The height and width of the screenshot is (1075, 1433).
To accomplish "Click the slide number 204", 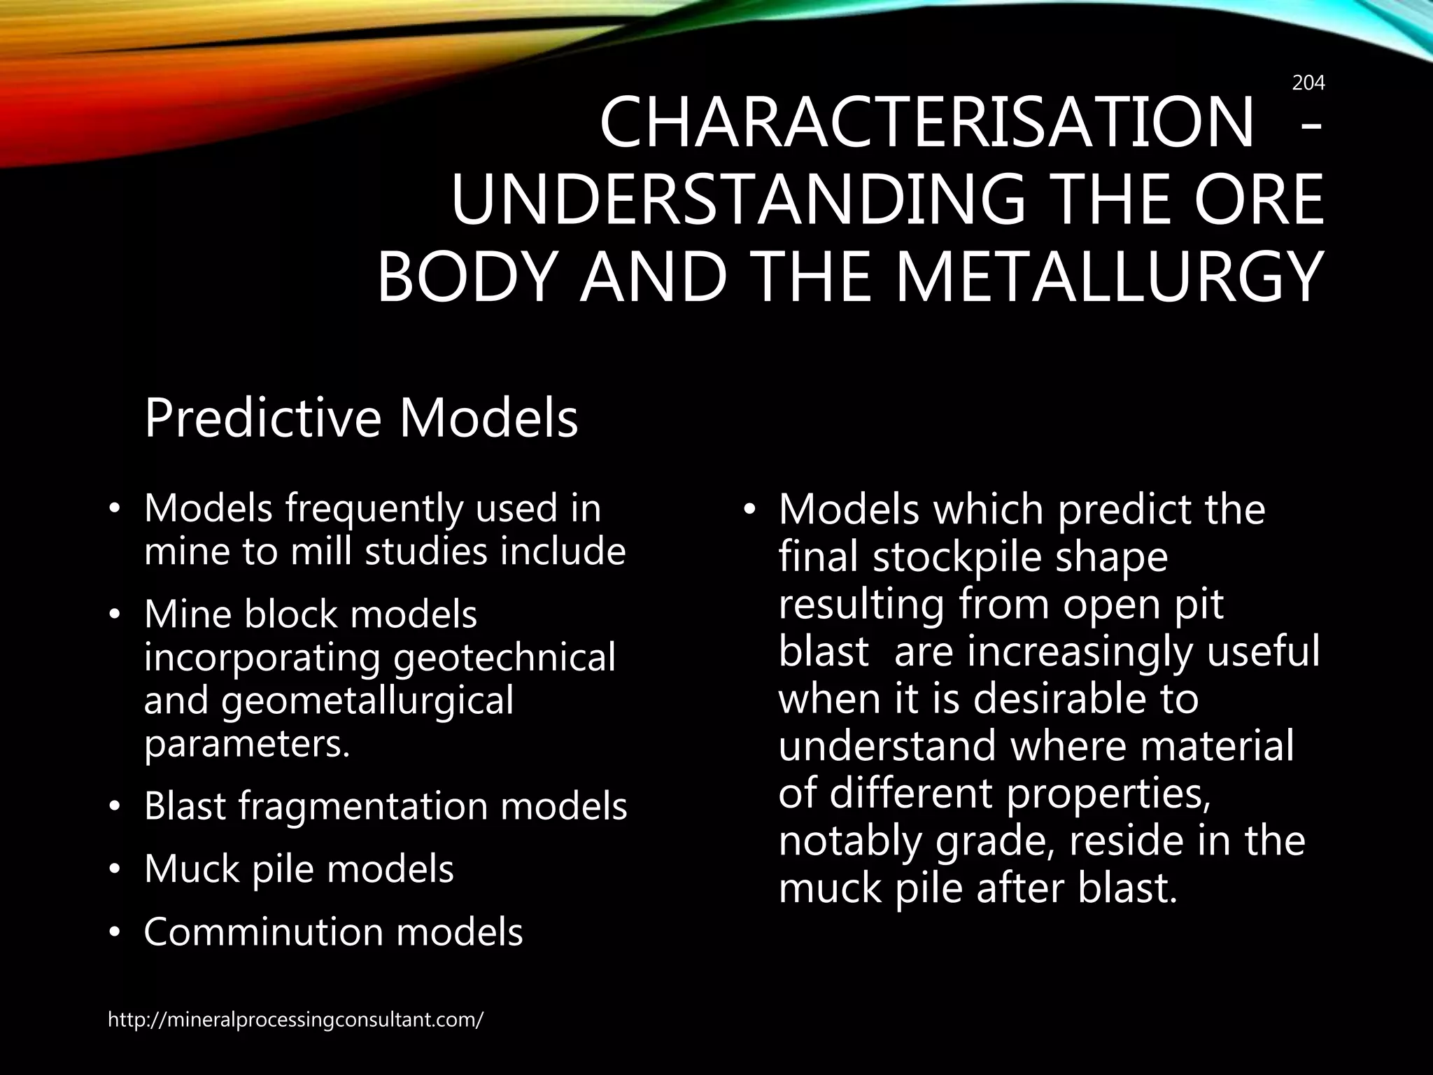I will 1308,83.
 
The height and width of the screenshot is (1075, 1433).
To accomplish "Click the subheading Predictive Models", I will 361,418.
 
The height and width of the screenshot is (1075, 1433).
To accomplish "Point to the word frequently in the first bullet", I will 374,509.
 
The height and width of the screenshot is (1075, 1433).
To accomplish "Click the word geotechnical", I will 504,658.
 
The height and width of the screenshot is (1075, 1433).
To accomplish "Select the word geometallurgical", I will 367,701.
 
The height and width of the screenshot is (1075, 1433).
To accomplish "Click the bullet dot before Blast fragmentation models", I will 115,808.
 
